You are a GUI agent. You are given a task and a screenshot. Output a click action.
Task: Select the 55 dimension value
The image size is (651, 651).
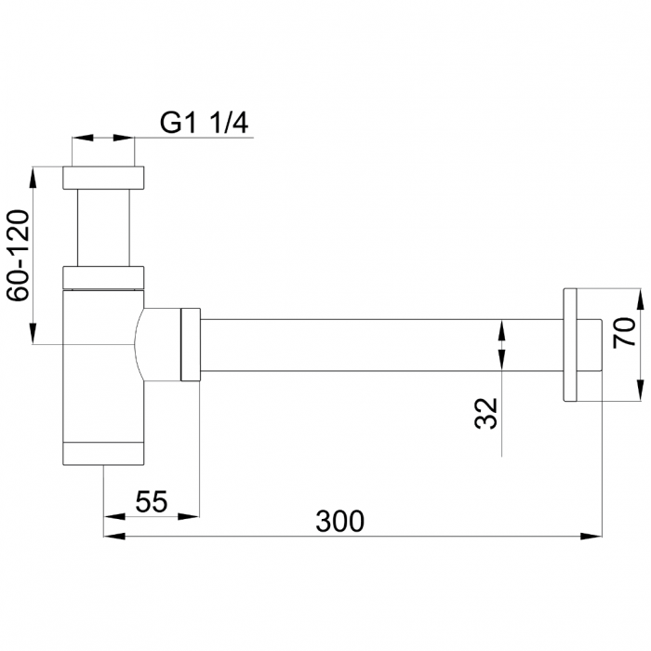tap(151, 501)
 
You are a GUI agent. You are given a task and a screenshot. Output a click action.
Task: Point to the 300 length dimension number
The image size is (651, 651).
tap(339, 521)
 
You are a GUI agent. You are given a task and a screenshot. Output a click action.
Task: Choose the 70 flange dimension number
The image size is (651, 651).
tap(624, 331)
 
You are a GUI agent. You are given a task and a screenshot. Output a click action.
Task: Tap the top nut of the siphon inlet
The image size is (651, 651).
tap(103, 178)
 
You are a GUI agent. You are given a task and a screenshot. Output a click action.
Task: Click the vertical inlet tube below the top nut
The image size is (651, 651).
tap(103, 228)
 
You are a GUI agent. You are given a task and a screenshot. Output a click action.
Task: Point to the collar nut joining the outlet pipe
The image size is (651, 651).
tap(189, 344)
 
